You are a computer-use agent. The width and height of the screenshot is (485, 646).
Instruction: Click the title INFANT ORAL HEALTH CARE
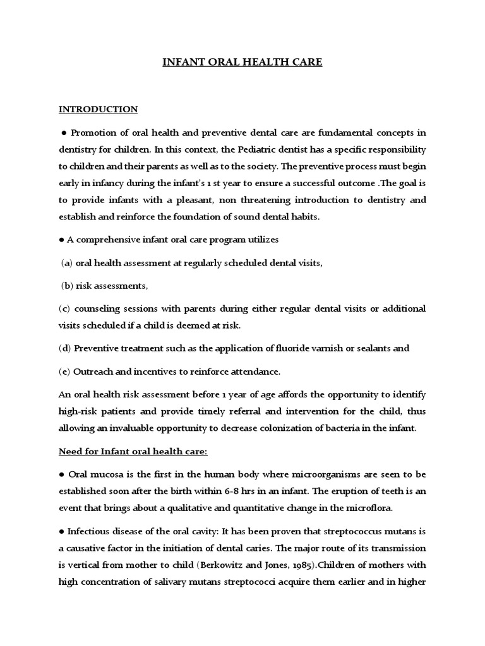242,62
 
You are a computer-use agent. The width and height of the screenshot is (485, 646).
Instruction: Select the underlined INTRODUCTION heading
98,109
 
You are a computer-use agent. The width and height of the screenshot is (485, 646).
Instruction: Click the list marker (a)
67,263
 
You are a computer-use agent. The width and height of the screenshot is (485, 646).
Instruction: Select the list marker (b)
67,286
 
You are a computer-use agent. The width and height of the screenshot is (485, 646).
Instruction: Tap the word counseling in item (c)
97,308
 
